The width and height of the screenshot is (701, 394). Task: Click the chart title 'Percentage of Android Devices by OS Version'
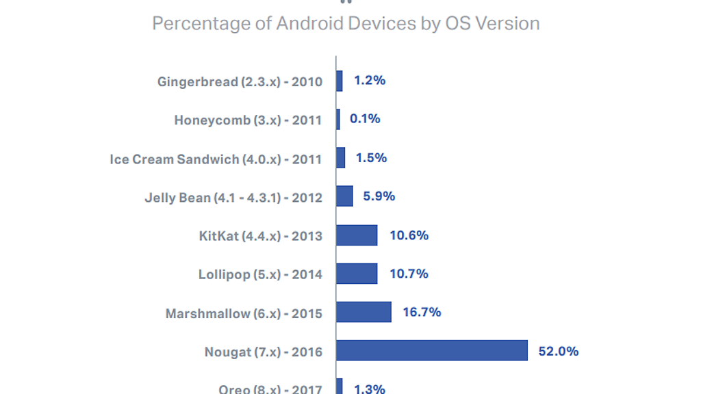click(346, 23)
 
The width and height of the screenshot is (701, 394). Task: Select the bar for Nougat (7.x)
click(431, 350)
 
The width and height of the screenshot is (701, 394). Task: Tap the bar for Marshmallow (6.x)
click(364, 312)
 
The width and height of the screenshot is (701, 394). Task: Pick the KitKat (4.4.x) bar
click(357, 235)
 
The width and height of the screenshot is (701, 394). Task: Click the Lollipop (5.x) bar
click(357, 274)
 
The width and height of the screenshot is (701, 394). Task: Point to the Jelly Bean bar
click(344, 196)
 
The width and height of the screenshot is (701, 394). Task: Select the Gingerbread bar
click(340, 81)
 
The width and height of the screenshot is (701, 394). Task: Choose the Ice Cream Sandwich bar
click(340, 158)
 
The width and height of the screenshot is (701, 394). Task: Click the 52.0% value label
click(558, 351)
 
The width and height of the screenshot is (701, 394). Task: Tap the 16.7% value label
click(422, 312)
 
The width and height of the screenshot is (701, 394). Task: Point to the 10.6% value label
click(409, 235)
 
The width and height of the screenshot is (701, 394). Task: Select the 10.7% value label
click(409, 274)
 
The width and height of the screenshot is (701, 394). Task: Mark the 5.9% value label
click(379, 196)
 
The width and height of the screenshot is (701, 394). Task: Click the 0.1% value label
click(365, 119)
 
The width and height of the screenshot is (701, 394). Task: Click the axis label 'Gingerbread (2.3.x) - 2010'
click(240, 82)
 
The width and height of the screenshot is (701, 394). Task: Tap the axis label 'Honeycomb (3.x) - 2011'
click(248, 120)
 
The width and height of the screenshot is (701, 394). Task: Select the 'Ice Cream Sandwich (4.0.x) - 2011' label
click(216, 159)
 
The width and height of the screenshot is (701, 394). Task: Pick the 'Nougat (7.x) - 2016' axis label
click(263, 352)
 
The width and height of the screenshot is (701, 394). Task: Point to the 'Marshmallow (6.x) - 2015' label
click(244, 314)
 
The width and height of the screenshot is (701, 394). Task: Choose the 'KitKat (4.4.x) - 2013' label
click(260, 237)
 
